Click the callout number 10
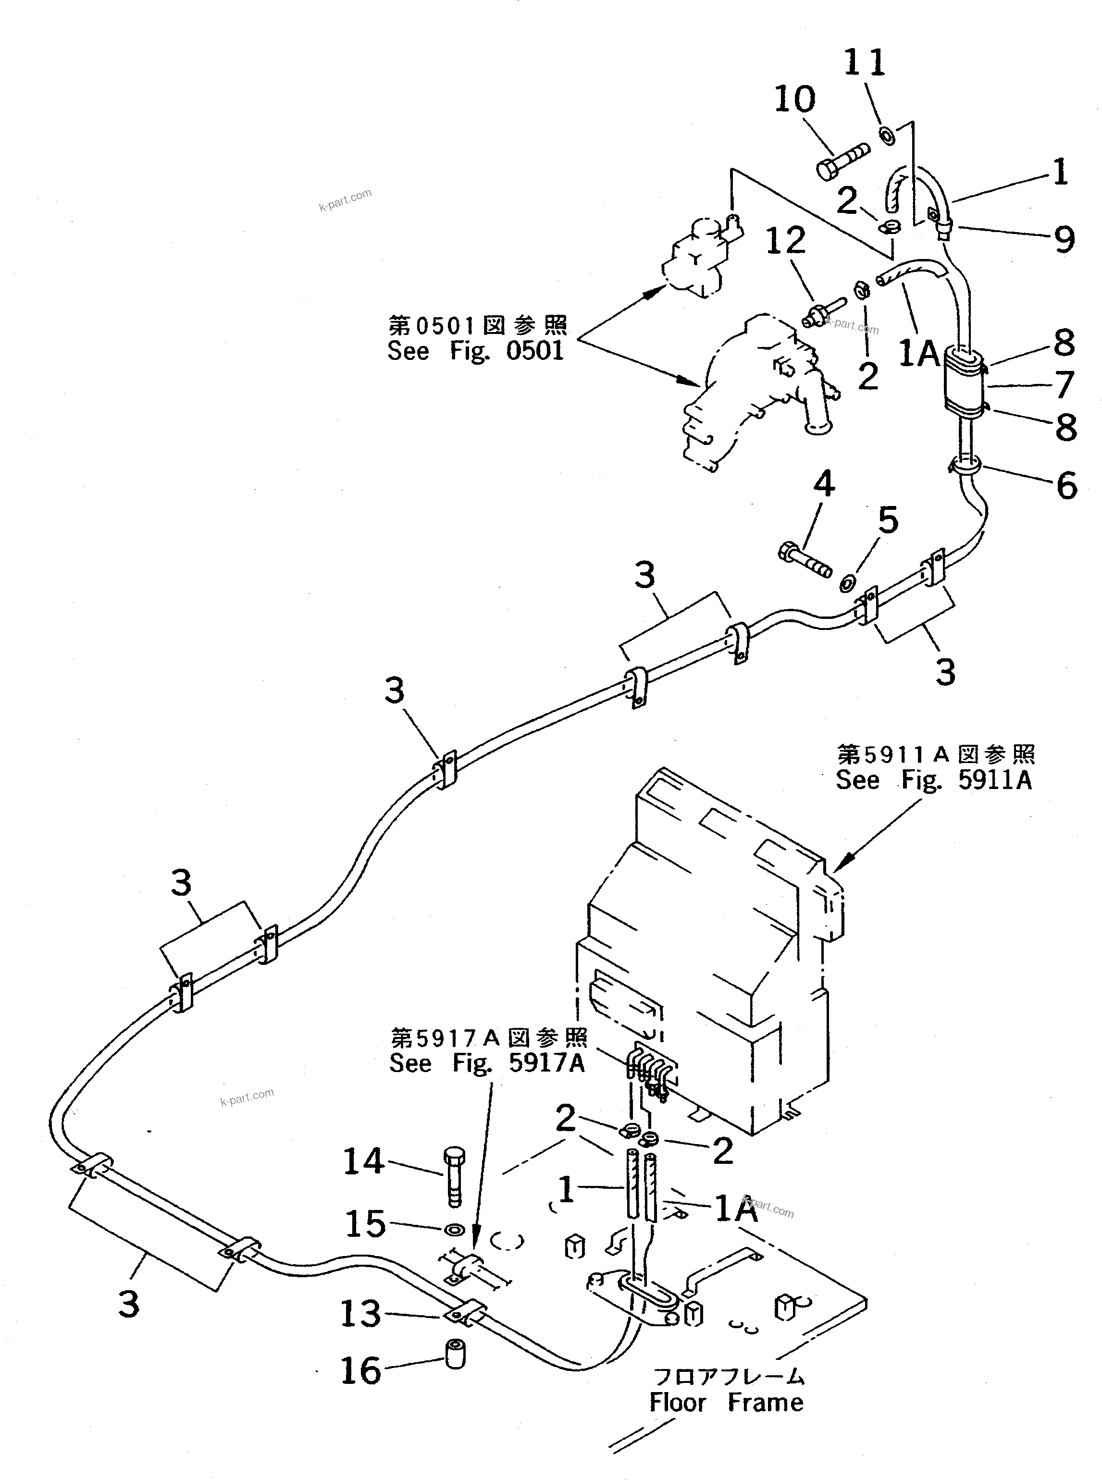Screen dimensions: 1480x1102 [x=794, y=100]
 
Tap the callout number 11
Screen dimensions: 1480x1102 [x=865, y=63]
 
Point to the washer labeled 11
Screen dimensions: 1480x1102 [x=888, y=135]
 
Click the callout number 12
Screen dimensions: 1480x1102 [x=785, y=241]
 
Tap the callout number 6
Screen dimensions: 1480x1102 [x=1066, y=485]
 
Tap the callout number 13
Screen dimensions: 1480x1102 [x=361, y=1313]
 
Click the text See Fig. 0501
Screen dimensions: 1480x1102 [x=476, y=351]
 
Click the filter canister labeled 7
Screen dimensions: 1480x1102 [x=962, y=386]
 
